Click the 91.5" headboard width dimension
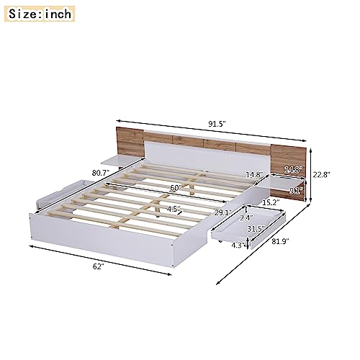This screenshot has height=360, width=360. click(217, 124)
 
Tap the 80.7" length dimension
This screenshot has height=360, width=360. click(101, 173)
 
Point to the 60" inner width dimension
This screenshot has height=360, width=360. click(176, 188)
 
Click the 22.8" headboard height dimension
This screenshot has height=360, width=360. click(321, 175)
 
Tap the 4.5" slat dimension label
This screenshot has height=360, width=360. click(174, 209)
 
